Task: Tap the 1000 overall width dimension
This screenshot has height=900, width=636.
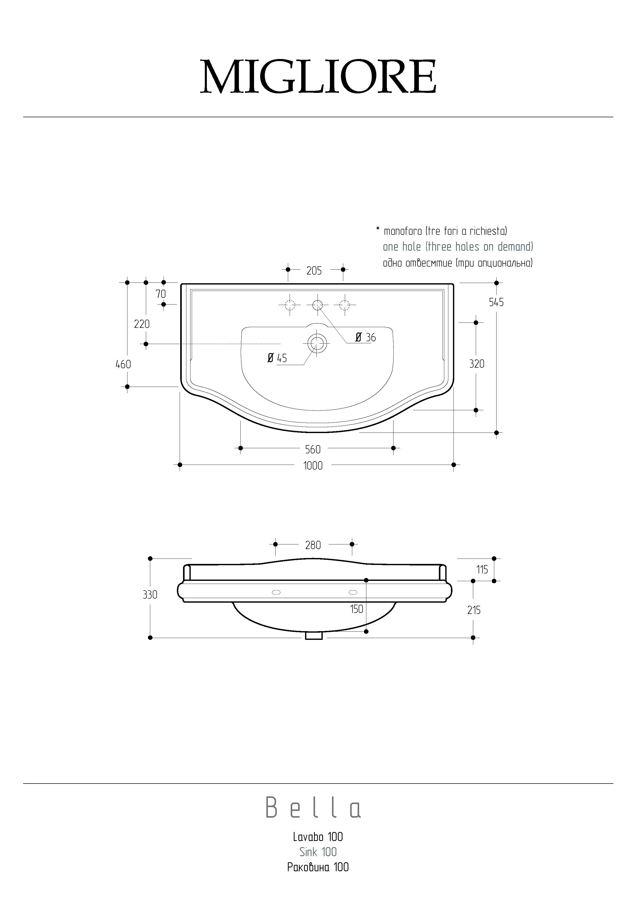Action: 313,466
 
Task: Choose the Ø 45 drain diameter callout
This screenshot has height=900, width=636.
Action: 277,358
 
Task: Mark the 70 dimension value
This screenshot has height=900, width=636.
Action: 160,294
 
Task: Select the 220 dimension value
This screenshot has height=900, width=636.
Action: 142,324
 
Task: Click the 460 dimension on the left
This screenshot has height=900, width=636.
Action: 123,365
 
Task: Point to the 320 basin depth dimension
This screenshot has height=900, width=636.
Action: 477,364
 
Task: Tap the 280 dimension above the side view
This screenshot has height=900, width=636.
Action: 313,545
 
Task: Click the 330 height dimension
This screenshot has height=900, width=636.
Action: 150,595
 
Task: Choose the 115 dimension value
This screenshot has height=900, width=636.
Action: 482,570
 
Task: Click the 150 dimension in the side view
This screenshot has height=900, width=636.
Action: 356,609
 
